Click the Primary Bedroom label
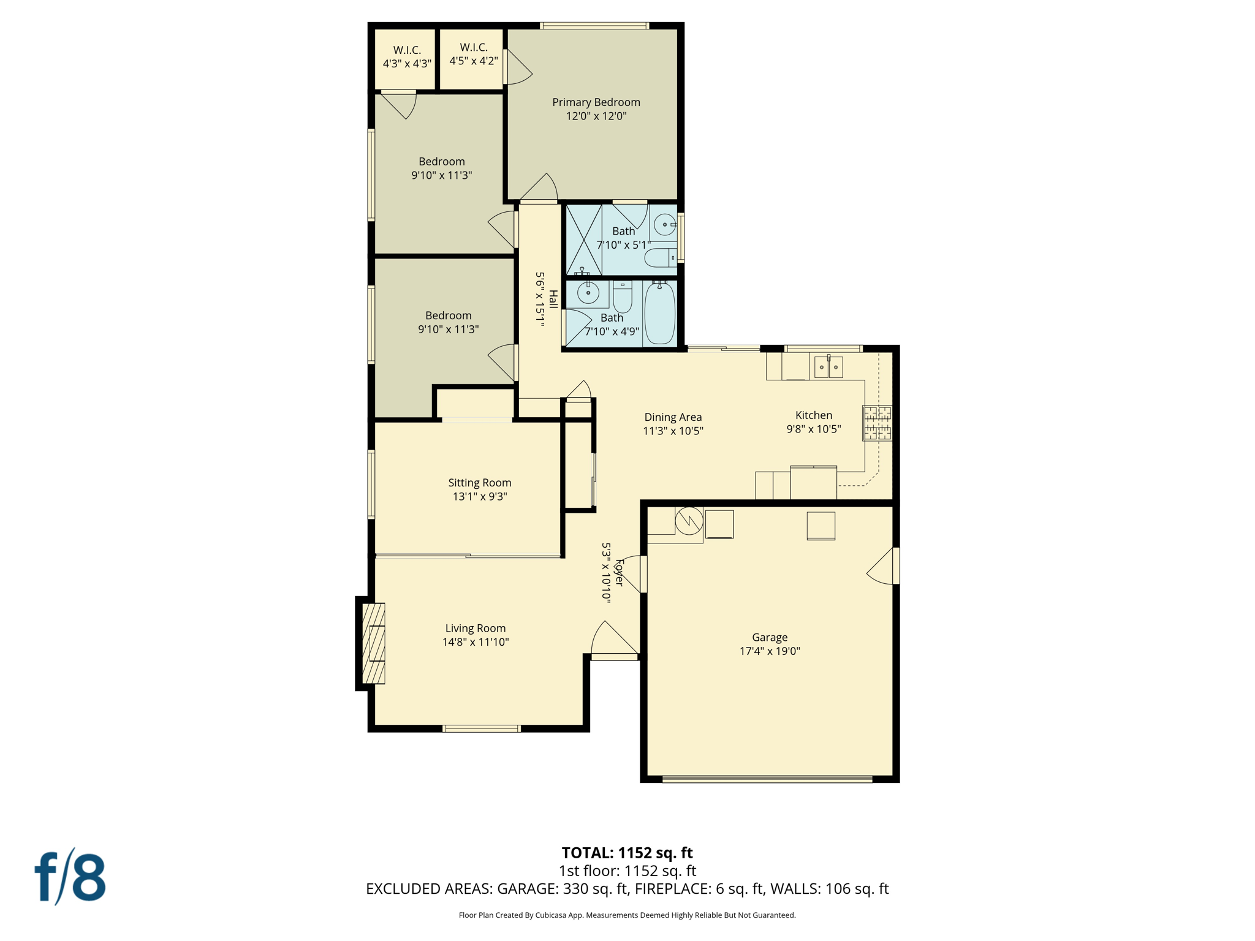coord(596,102)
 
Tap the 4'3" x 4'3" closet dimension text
coord(407,64)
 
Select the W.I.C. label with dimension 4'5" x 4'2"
coord(474,47)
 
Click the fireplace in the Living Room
coord(373,643)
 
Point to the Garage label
coord(770,637)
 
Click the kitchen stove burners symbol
coord(877,423)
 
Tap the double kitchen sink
coord(828,367)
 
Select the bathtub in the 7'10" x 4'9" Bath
coord(660,313)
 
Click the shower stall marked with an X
coord(583,240)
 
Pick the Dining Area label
coord(673,417)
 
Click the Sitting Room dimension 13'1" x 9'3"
coord(480,496)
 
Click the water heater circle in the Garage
coord(689,521)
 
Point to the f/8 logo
coord(70,877)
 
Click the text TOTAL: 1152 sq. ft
coord(627,853)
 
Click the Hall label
coord(553,299)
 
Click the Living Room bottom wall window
coord(482,728)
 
